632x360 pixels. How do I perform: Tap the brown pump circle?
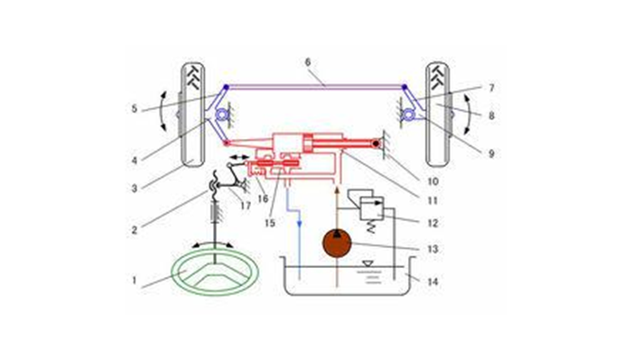click(337, 244)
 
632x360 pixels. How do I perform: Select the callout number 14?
click(432, 282)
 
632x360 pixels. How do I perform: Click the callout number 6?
click(308, 62)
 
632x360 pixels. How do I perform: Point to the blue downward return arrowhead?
click(300, 224)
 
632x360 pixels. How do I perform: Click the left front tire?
click(193, 115)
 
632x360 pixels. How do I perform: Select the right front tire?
click(438, 115)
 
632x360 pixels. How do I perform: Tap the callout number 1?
click(135, 280)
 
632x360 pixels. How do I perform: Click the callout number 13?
click(432, 249)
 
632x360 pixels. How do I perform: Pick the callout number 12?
click(432, 223)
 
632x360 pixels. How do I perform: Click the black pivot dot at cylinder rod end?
click(376, 143)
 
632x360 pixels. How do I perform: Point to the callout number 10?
click(432, 181)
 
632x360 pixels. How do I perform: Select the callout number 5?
click(135, 109)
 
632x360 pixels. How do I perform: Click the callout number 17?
click(246, 206)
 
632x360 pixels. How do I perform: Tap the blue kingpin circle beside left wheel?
click(221, 115)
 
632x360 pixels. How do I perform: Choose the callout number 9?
click(491, 153)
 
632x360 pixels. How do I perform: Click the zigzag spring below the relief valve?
click(371, 227)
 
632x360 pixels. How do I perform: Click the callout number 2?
click(135, 230)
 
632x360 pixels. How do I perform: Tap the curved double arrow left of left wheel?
click(162, 112)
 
